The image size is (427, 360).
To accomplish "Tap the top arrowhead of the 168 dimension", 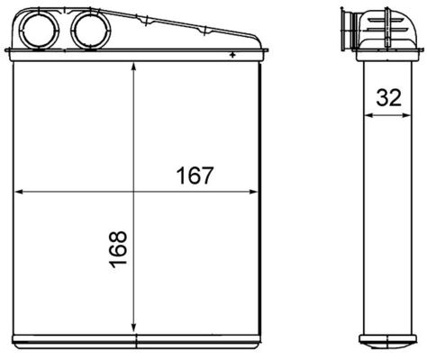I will (x=133, y=71).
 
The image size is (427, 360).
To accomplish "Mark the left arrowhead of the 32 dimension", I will (x=361, y=116).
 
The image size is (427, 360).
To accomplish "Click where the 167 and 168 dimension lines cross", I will (x=133, y=191).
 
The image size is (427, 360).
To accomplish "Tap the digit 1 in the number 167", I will (x=180, y=176).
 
